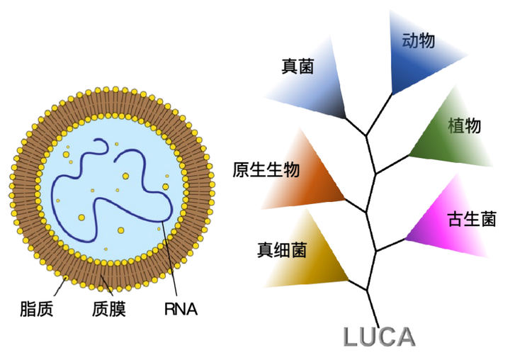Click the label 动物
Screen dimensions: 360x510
[x=418, y=40]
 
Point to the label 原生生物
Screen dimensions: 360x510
[x=266, y=170]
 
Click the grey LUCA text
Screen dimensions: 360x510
[x=379, y=336]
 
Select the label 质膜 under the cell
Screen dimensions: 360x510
[x=108, y=309]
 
